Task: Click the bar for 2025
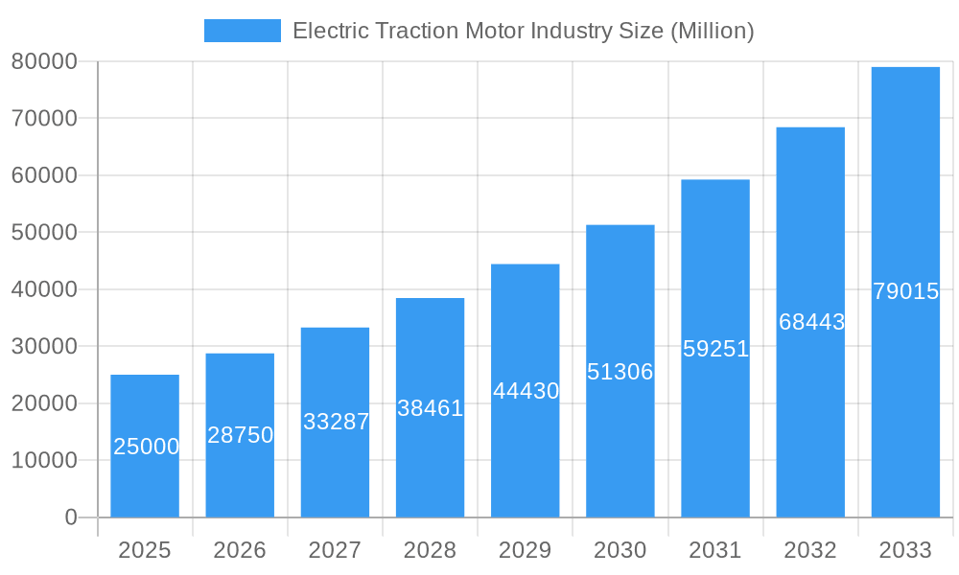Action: coord(145,446)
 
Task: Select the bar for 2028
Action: coord(430,407)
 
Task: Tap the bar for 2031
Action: coord(715,348)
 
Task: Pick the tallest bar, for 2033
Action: coord(905,291)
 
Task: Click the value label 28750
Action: coord(241,435)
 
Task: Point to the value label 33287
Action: coord(336,422)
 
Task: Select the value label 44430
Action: coord(526,391)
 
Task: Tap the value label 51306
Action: coord(620,372)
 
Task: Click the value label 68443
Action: coord(811,322)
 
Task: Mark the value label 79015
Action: coord(905,291)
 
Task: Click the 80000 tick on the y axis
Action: coord(43,61)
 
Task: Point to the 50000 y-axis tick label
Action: coord(43,233)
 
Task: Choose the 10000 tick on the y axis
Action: coord(43,460)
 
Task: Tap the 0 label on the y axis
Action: coord(70,517)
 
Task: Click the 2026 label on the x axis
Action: coord(240,550)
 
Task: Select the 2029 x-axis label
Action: coord(525,550)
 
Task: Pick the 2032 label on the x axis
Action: coord(810,550)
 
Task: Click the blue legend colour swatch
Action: coord(243,31)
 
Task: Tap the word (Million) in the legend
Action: coord(712,31)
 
